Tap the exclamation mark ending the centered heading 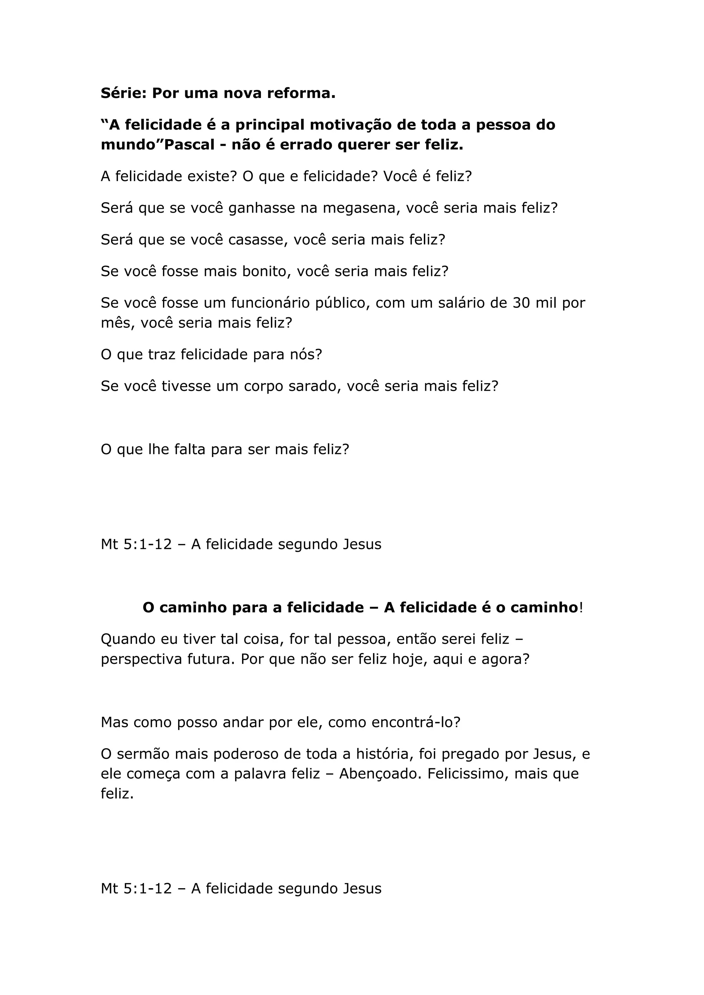click(581, 607)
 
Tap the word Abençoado click(380, 774)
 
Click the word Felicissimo click(468, 774)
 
